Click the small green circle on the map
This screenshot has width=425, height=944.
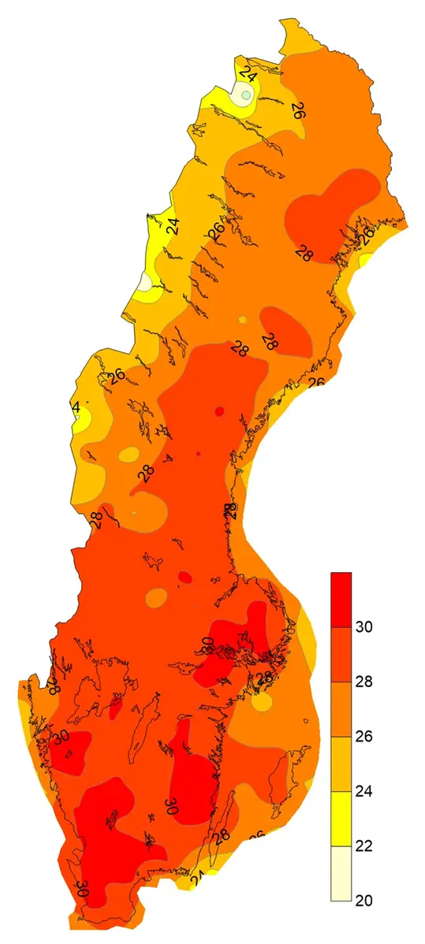[x=246, y=95]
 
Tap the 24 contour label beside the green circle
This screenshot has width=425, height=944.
[x=249, y=76]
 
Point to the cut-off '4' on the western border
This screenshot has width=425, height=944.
[x=76, y=407]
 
